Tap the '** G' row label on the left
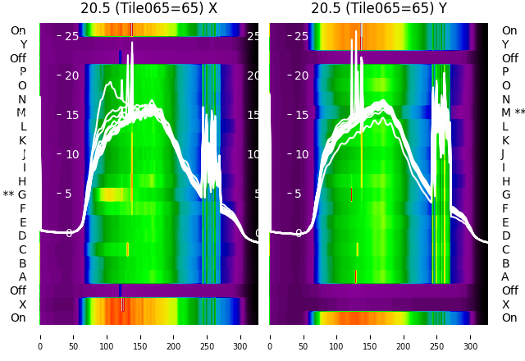pyautogui.click(x=15, y=194)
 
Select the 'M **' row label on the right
pyautogui.click(x=514, y=112)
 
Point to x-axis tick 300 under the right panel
pyautogui.click(x=471, y=336)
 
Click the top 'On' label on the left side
pyautogui.click(x=18, y=30)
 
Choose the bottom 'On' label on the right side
pyautogui.click(x=509, y=318)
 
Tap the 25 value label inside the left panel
pyautogui.click(x=71, y=36)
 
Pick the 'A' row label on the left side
pyautogui.click(x=22, y=276)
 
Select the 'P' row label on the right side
pyautogui.click(x=505, y=71)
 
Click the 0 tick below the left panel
pyautogui.click(x=39, y=336)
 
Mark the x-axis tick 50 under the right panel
pyautogui.click(x=304, y=336)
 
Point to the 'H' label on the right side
pyautogui.click(x=505, y=181)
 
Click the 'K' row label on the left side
pyautogui.click(x=22, y=140)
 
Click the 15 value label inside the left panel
pyautogui.click(x=71, y=115)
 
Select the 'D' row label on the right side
pyautogui.click(x=505, y=235)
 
